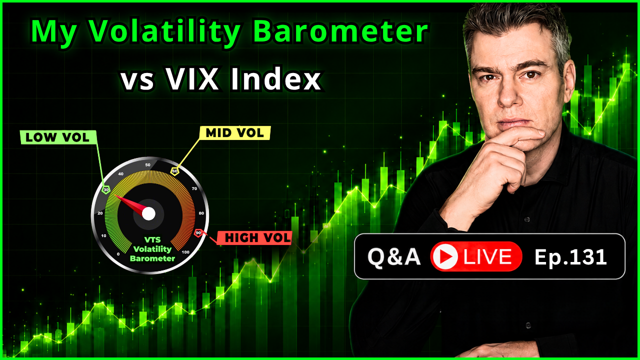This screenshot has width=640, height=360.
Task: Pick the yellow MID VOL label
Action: (x=235, y=133)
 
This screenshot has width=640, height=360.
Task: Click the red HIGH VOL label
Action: (x=254, y=238)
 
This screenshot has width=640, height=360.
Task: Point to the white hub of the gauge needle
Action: (x=148, y=213)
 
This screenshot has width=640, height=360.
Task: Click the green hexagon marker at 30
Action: (x=106, y=189)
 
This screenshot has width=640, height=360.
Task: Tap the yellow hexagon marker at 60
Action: (x=175, y=171)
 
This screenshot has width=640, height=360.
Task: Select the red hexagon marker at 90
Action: (x=198, y=233)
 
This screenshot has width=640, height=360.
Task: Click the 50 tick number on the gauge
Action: (x=147, y=165)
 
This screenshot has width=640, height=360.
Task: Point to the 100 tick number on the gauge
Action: (x=185, y=252)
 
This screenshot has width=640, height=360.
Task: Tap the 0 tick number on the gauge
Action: (x=118, y=254)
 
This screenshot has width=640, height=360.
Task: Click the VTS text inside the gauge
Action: (x=152, y=239)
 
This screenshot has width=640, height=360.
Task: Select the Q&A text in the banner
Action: (x=394, y=257)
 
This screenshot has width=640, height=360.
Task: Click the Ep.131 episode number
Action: (x=570, y=257)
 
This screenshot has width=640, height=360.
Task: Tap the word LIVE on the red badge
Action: (x=487, y=256)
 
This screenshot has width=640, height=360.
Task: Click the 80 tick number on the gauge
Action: (x=201, y=213)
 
